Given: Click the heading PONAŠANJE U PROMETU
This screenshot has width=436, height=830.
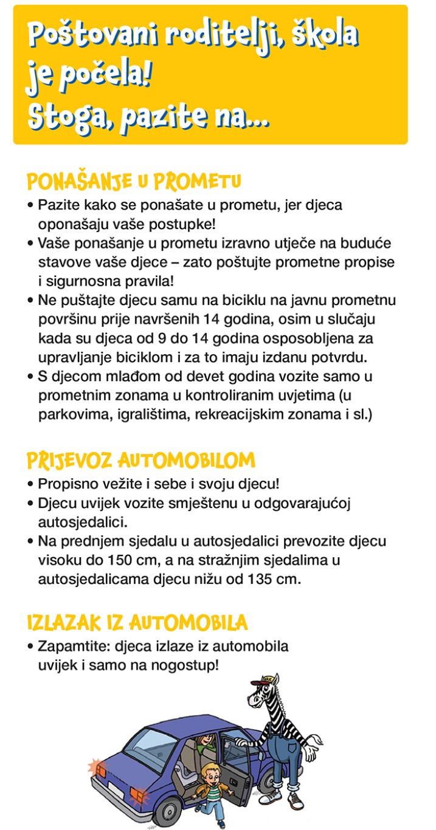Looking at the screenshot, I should (134, 182).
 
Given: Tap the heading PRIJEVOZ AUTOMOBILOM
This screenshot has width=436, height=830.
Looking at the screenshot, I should (140, 460).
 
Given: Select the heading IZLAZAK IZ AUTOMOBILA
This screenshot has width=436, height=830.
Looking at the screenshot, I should (137, 623).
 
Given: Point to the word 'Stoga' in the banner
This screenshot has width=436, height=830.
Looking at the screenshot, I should (67, 115).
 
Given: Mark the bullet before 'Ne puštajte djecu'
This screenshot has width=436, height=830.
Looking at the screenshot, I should (30, 300).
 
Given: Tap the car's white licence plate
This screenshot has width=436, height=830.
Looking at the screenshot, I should (116, 788).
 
